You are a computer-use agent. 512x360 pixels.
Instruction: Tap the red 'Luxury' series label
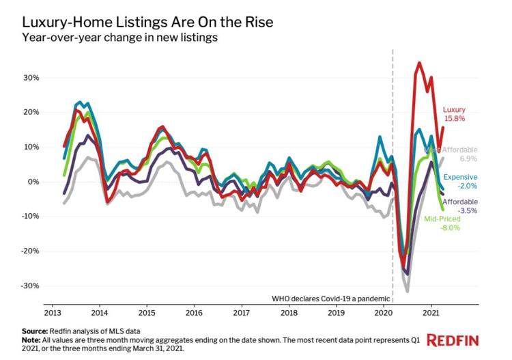(x=454, y=109)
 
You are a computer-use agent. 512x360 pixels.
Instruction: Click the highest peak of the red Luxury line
(x=418, y=63)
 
